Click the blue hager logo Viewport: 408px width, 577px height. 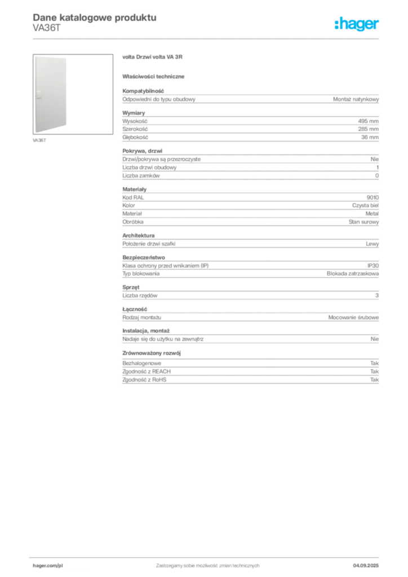(357, 25)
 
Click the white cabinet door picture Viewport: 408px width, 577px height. (50, 94)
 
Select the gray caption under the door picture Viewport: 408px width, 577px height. (40, 140)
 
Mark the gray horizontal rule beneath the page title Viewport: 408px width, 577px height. (207, 39)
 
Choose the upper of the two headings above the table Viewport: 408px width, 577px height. (153, 57)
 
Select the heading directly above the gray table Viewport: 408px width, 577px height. (156, 76)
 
